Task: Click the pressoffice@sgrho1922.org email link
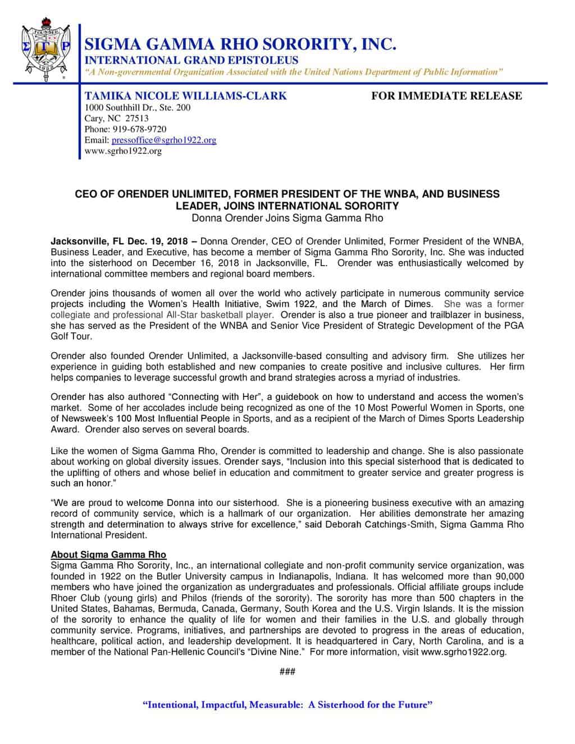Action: coord(163,140)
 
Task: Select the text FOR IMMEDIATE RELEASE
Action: coord(446,96)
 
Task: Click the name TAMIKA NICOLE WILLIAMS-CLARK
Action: coord(185,96)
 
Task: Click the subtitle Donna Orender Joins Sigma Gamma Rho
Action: coord(287,218)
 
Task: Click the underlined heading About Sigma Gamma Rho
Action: coord(108,555)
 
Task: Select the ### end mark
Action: coord(287,672)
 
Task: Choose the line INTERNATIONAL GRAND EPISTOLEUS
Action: coord(191,60)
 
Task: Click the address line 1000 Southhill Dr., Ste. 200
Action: coord(137,107)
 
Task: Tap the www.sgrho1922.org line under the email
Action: coord(123,151)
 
